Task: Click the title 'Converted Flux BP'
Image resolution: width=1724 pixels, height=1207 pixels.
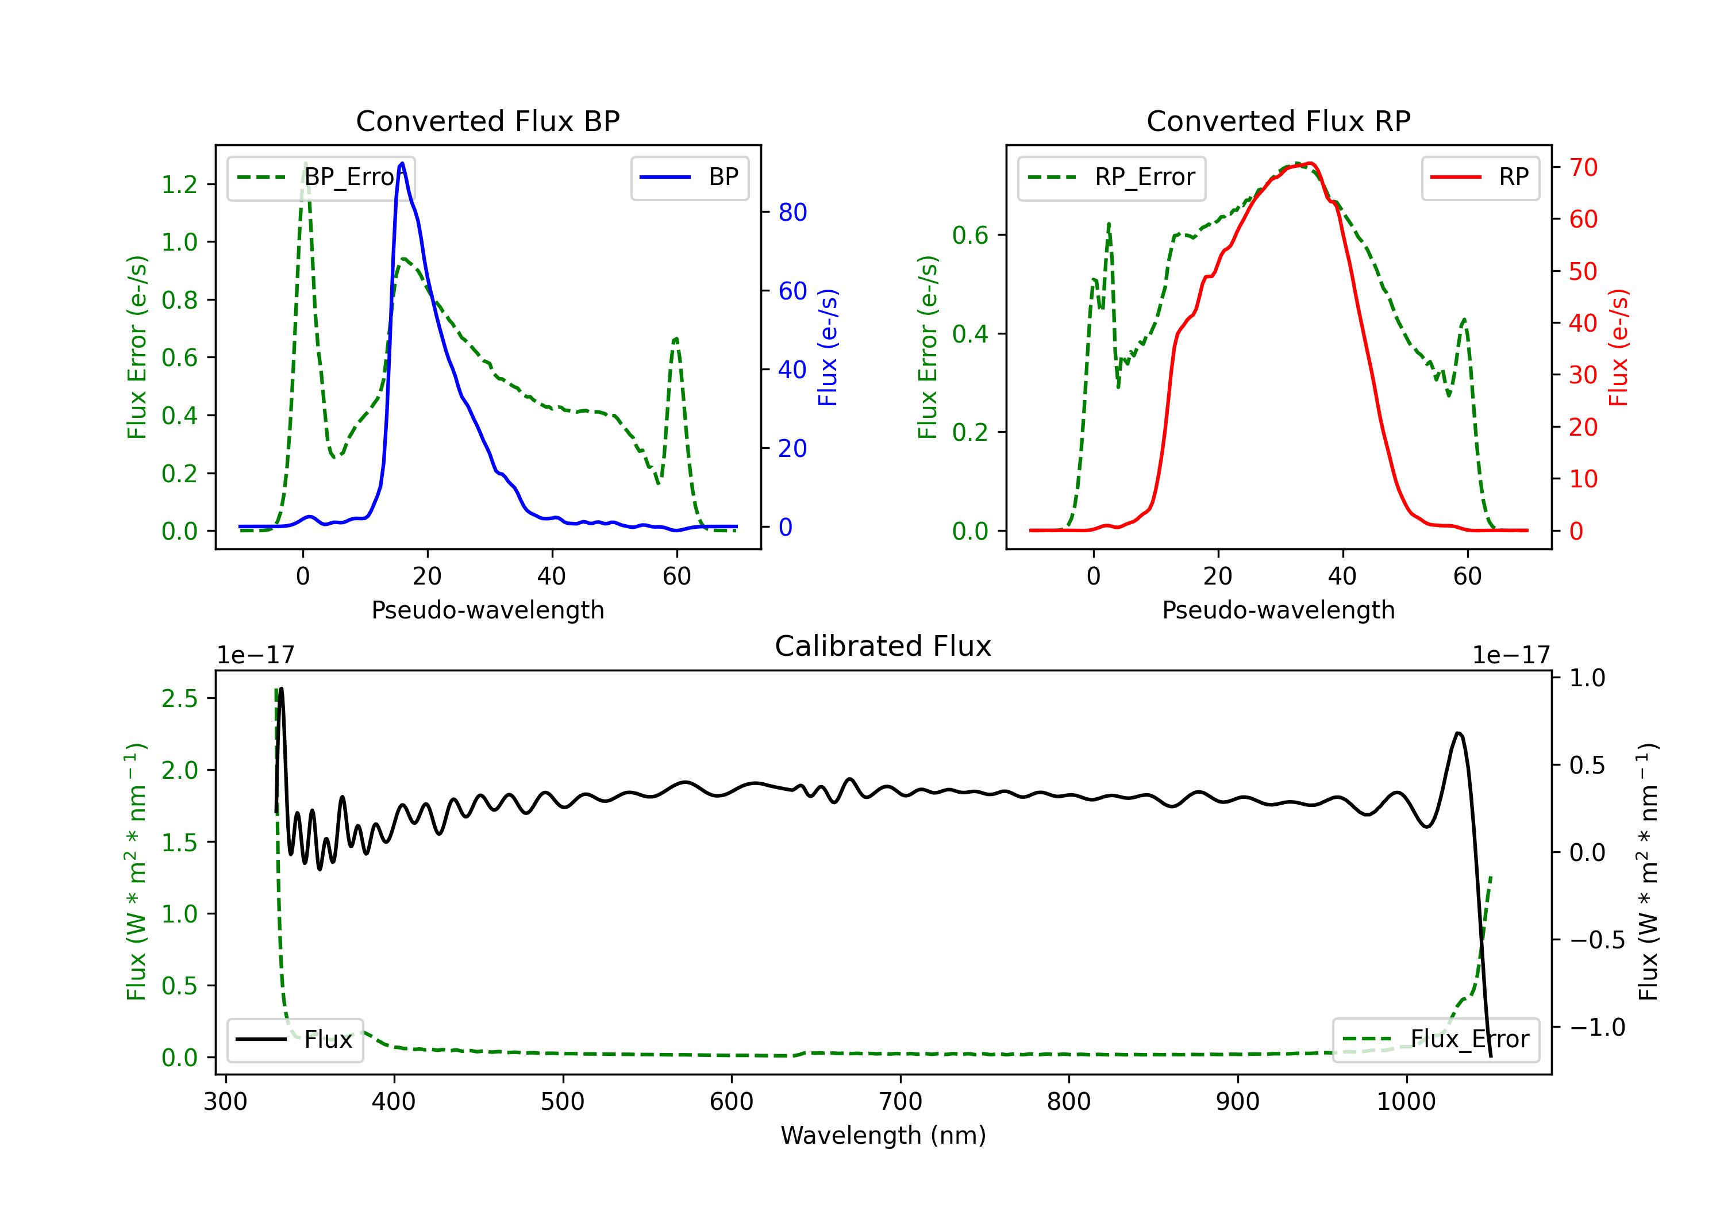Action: (x=487, y=121)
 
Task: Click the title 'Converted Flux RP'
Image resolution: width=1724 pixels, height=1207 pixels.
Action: (x=1278, y=121)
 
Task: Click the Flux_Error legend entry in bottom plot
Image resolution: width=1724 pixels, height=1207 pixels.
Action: (x=1436, y=1040)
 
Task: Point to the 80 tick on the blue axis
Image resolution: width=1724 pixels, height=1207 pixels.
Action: (x=792, y=213)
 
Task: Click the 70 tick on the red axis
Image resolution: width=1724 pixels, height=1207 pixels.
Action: (x=1583, y=167)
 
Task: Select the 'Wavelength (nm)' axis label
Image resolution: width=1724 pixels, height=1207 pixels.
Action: (x=883, y=1135)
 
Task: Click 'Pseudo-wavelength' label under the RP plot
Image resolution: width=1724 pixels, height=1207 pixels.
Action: (x=1278, y=610)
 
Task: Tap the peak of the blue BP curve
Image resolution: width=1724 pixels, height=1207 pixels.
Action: (x=402, y=163)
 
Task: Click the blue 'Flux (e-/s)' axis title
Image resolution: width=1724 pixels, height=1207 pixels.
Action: (x=828, y=347)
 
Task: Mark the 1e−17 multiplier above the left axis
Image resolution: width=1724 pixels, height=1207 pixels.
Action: (x=255, y=655)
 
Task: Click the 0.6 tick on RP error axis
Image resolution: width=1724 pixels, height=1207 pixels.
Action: (x=969, y=235)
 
